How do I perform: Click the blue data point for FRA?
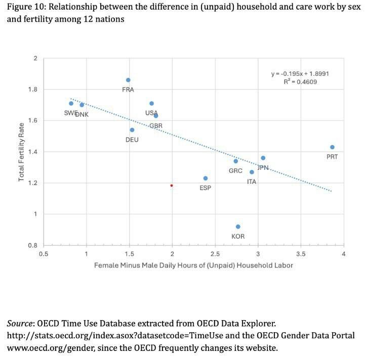[128, 80]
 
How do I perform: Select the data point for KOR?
[238, 227]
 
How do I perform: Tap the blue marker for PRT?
[332, 147]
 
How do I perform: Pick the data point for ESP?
[206, 178]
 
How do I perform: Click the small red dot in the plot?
[172, 186]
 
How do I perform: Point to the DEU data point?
[132, 130]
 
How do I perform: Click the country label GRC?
[235, 171]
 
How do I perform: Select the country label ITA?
[252, 182]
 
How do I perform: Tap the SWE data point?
[71, 103]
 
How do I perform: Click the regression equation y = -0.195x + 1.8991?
[300, 74]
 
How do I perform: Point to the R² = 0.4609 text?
[301, 81]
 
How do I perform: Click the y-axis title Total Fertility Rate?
[21, 152]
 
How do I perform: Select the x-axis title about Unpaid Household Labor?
[193, 264]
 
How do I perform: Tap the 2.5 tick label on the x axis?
[215, 253]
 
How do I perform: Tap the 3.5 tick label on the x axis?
[301, 253]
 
